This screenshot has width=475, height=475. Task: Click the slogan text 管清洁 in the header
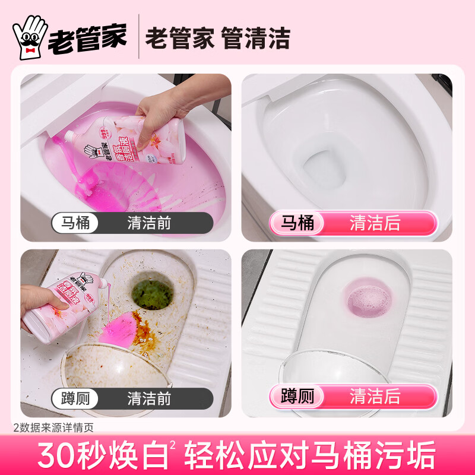[x=255, y=39]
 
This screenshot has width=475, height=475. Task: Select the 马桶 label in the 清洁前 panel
[x=75, y=223]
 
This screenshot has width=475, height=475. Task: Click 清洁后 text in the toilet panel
[x=375, y=223]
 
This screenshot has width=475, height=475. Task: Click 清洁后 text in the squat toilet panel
[x=375, y=396]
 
